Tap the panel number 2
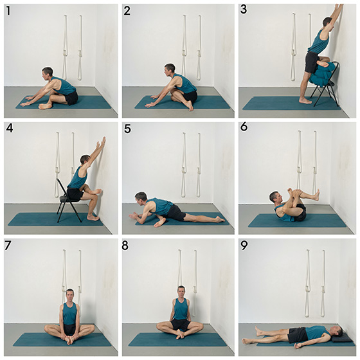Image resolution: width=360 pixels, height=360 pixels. coord(127,11)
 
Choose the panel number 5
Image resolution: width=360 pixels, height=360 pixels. coord(127,129)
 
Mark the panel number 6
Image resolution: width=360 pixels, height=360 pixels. coord(245,129)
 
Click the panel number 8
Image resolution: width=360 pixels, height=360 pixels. coord(127,246)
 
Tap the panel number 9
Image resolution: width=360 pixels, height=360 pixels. coord(245,246)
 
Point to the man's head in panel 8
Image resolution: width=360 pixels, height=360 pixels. coord(181,292)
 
